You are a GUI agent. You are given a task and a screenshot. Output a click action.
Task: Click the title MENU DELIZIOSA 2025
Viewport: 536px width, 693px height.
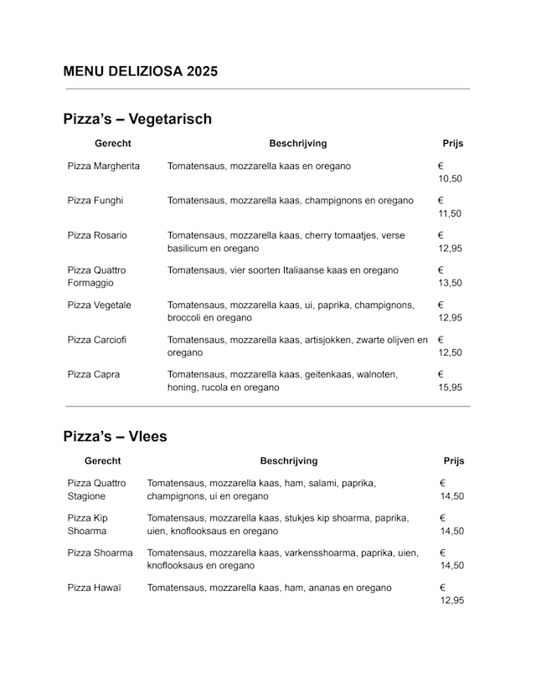(140, 72)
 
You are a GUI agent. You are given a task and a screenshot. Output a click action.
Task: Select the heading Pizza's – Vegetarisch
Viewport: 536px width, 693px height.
(137, 119)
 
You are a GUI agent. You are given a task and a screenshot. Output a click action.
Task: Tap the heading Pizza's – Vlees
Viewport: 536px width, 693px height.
(115, 436)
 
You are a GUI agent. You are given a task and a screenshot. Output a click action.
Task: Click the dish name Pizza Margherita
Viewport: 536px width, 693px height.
(104, 166)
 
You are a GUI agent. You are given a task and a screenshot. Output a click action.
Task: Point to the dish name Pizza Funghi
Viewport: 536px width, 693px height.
(95, 201)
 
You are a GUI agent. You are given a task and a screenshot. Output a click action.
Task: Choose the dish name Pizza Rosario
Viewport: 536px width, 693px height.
(97, 235)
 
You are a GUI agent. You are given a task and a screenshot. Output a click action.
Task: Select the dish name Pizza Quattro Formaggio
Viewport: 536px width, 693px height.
(97, 276)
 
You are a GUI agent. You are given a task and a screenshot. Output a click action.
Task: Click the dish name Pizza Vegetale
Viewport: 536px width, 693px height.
(100, 305)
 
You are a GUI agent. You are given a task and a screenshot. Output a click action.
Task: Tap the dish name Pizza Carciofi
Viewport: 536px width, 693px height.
(97, 340)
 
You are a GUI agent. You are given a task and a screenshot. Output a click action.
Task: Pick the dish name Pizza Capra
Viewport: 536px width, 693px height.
(94, 374)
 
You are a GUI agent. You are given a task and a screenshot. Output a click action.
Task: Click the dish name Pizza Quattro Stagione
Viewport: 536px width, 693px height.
(97, 490)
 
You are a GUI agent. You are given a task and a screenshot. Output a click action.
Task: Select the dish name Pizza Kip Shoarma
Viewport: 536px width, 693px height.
(88, 524)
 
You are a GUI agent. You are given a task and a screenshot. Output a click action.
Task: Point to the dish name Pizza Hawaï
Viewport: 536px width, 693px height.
(95, 588)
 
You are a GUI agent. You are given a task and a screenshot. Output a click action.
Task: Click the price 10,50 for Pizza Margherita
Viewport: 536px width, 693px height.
(450, 179)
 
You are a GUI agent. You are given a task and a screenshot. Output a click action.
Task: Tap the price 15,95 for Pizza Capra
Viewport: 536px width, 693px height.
(450, 388)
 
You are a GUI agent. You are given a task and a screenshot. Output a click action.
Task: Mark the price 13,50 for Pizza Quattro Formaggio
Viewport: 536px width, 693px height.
(450, 283)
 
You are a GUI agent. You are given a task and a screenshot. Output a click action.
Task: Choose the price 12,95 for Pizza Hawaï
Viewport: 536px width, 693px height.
(451, 601)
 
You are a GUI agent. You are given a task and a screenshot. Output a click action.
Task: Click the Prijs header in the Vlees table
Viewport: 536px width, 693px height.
(454, 461)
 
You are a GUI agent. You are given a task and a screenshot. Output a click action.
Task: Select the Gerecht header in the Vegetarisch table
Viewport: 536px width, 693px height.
(113, 144)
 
